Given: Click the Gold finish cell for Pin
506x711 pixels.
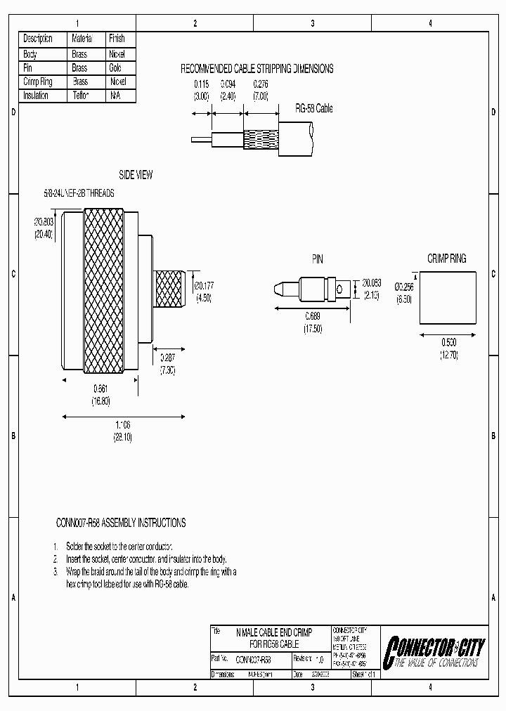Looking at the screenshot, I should coord(116,68).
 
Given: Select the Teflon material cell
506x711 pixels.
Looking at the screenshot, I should coord(79,96).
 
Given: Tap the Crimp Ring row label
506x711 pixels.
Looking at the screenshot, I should coord(38,81).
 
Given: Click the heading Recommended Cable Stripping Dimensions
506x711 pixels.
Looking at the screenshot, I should coord(257,69).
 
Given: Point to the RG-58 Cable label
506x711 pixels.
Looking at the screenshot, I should coord(314,109).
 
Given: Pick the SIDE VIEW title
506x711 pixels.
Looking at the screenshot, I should coord(136,175).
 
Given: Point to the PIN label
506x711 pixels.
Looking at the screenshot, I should coord(318,259).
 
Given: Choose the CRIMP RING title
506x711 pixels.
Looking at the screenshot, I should coord(446,259).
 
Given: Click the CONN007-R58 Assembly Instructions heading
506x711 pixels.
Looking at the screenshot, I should coord(121,523).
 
